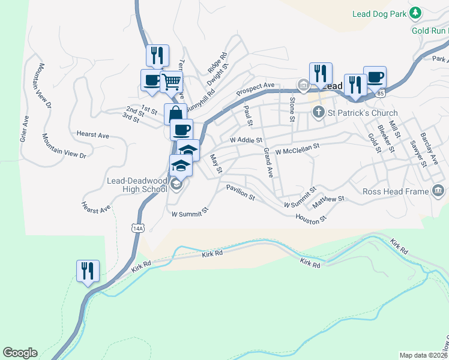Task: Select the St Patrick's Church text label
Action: (x=363, y=113)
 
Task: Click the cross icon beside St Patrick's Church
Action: (x=319, y=112)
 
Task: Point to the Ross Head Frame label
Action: (x=396, y=192)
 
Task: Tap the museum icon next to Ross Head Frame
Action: (x=438, y=191)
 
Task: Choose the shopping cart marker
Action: (x=171, y=81)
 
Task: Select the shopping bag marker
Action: (x=175, y=113)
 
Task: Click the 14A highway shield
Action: (x=137, y=228)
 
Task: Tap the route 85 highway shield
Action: (x=380, y=94)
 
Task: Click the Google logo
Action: (x=20, y=353)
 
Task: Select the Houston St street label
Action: (x=310, y=217)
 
